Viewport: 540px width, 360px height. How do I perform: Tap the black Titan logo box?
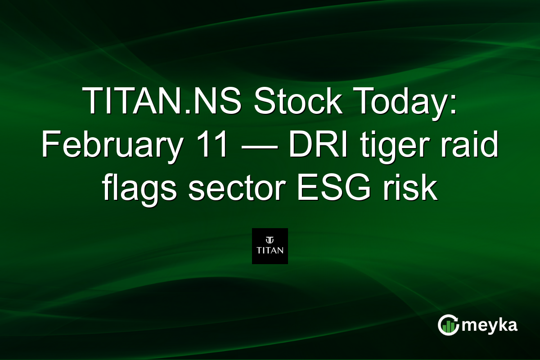tap(270, 246)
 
